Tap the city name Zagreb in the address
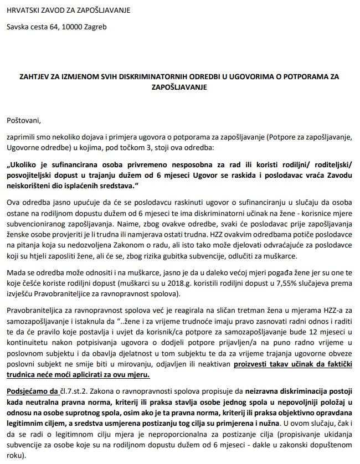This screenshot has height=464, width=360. pos(95,26)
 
